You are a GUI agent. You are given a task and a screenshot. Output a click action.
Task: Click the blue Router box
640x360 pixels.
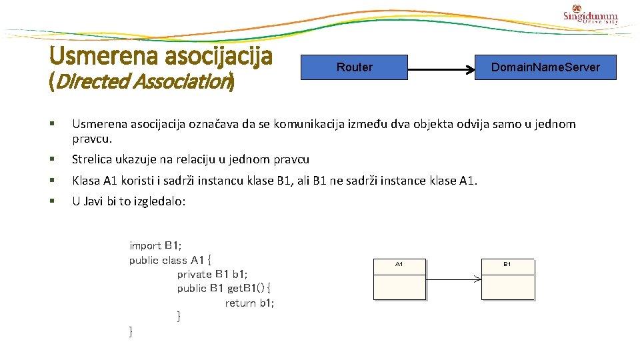[354, 67]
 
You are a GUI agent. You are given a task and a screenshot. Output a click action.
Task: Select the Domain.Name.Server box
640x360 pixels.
[545, 67]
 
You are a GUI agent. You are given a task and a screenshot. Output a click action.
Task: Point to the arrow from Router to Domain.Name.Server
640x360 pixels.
[441, 68]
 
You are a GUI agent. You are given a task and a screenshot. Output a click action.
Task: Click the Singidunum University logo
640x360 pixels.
[591, 17]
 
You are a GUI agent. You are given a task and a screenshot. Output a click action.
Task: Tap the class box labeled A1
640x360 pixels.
[399, 279]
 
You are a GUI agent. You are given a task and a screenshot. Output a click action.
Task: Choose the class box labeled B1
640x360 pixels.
[507, 279]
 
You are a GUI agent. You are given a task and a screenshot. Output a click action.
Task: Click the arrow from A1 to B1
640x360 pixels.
[453, 279]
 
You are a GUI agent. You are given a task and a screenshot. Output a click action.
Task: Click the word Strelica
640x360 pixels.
[93, 159]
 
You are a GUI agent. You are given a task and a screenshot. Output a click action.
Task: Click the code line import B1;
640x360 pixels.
[155, 245]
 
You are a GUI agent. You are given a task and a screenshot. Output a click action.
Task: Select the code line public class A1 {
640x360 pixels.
[170, 260]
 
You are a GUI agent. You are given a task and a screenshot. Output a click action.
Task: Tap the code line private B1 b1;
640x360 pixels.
[212, 274]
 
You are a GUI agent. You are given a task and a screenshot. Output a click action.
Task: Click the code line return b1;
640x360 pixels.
[249, 303]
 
